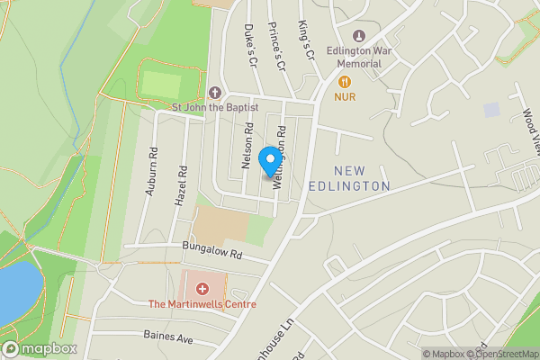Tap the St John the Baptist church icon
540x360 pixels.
coord(214,93)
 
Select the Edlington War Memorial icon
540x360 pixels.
coord(359,36)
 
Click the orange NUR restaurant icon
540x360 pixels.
coord(344,81)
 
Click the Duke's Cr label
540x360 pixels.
coord(252,45)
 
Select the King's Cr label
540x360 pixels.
coord(307,40)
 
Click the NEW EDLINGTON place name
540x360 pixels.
coord(362,178)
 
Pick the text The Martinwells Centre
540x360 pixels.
coord(202,304)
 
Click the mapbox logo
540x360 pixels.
coord(40,348)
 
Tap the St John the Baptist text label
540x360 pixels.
coord(215,107)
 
